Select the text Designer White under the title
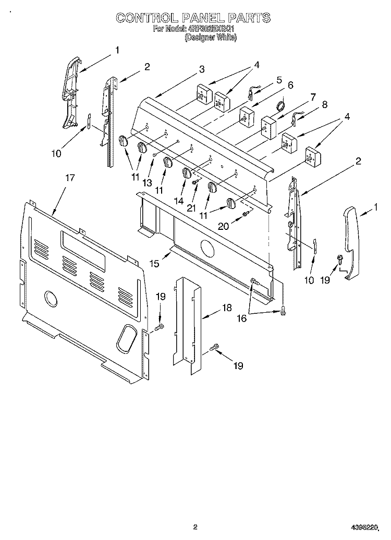coord(211,38)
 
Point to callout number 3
coord(201,69)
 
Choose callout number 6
coord(290,85)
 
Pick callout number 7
coord(313,96)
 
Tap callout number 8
coord(325,104)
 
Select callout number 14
coord(179,201)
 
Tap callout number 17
coord(70,178)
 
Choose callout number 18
coord(226,308)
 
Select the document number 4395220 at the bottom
coord(365,527)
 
